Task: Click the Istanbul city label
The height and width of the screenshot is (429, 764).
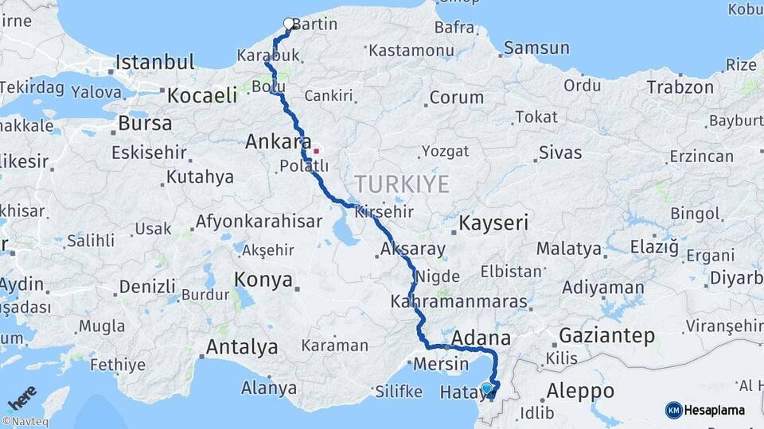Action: (x=154, y=62)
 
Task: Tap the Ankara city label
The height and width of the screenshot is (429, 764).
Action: (x=278, y=142)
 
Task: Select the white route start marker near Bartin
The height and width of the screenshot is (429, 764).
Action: (x=289, y=24)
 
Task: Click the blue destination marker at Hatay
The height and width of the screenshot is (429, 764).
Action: (x=487, y=388)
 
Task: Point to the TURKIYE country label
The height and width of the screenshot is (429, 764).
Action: (x=402, y=184)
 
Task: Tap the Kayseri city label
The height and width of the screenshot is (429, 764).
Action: (x=493, y=222)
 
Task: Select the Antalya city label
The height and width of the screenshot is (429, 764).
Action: (x=242, y=347)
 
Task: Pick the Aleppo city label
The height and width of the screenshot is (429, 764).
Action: (x=581, y=391)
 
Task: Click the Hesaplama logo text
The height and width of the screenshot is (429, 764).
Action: (x=714, y=410)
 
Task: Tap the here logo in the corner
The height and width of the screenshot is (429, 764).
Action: (x=22, y=397)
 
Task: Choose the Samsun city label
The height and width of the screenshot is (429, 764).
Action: (x=536, y=48)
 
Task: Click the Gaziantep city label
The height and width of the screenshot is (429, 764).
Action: (x=606, y=335)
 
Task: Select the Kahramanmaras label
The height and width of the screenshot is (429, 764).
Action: (x=459, y=302)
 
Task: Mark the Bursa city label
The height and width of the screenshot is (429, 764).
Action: (x=145, y=123)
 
